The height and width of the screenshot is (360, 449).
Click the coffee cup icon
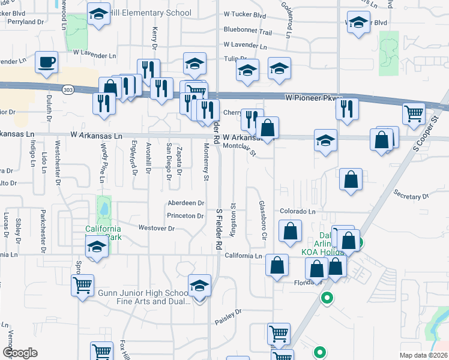(46, 62)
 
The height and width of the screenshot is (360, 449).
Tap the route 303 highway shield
(67, 89)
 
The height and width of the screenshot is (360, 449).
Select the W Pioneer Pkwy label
(313, 97)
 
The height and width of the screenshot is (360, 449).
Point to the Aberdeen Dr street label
(186, 203)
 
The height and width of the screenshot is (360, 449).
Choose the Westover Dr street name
(156, 228)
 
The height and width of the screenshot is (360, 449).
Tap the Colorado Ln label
(297, 211)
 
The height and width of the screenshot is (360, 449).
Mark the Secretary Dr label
(411, 196)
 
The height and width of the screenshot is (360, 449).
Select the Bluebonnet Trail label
(247, 32)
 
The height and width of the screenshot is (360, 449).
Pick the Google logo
(20, 353)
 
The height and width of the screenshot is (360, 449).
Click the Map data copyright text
(423, 355)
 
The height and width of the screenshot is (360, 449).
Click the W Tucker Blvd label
(244, 13)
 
